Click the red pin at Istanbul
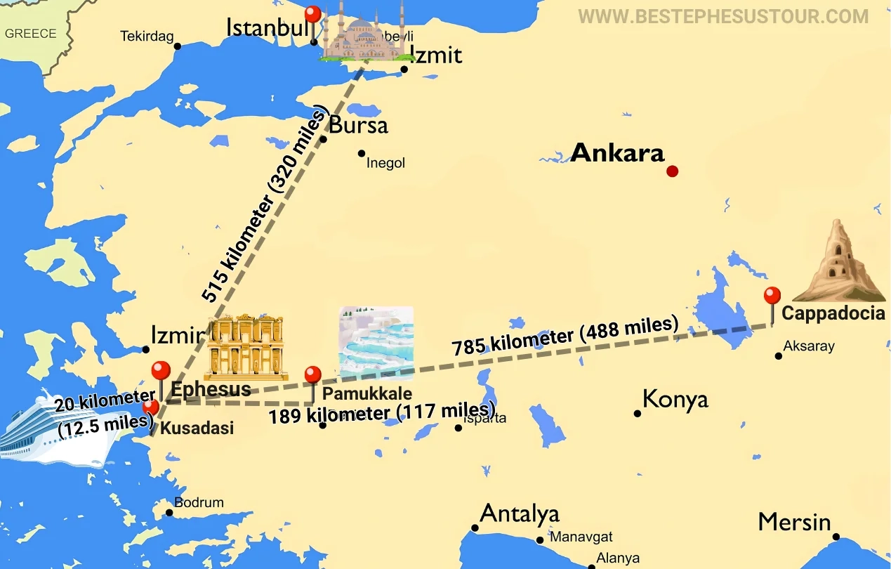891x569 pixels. click(x=312, y=15)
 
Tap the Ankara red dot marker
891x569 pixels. click(x=672, y=171)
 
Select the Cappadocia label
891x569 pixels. click(x=833, y=313)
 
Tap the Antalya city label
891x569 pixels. click(x=519, y=514)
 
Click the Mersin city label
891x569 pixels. click(x=794, y=523)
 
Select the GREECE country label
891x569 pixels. click(x=30, y=34)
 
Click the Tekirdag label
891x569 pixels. click(x=147, y=37)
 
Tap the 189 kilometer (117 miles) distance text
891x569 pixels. click(x=382, y=413)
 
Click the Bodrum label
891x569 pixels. click(x=199, y=502)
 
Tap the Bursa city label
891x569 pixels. click(x=358, y=125)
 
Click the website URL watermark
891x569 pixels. click(x=723, y=16)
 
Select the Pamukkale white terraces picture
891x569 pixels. click(x=376, y=342)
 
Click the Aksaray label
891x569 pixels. click(x=809, y=346)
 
